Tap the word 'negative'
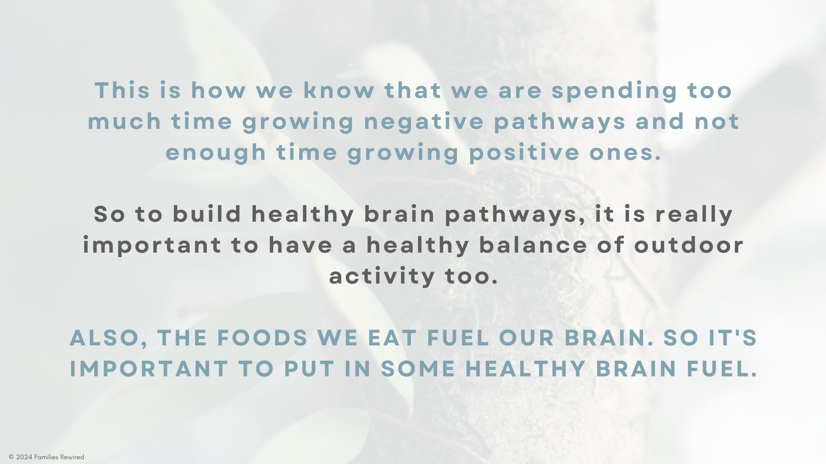coord(424,122)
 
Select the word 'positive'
coord(524,153)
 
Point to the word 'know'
coord(339,91)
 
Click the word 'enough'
coord(216,153)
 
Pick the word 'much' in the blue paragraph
coord(124,122)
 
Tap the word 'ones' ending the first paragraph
coord(625,153)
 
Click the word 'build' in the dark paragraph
coord(207,214)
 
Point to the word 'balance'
coord(533,245)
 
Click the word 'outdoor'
coord(689,245)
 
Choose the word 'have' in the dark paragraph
coord(301,245)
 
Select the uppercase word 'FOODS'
coord(262,338)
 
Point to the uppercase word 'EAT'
coord(392,338)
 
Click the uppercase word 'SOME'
coord(418,369)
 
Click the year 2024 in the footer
coord(24,457)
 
